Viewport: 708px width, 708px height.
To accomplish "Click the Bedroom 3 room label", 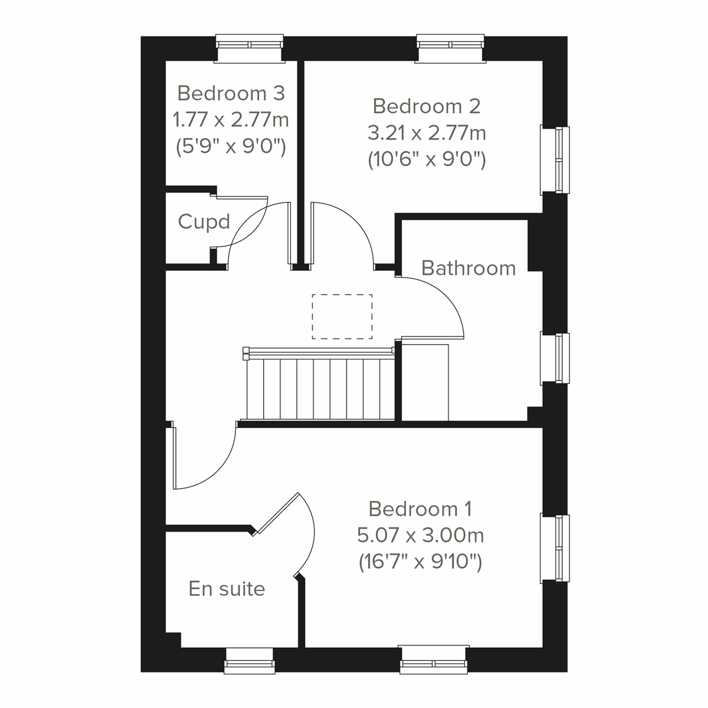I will click(231, 93).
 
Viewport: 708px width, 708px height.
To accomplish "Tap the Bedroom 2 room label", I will click(427, 106).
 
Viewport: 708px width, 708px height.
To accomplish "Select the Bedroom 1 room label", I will click(420, 509).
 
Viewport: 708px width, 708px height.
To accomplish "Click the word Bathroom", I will click(468, 268).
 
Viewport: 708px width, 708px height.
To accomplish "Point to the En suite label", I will click(227, 589).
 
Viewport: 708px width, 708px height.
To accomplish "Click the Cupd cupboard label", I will click(204, 222).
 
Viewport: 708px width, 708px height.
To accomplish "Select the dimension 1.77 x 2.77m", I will click(231, 120).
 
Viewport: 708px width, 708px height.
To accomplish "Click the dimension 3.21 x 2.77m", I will click(427, 133).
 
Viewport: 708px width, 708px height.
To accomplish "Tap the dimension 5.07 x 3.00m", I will click(420, 536).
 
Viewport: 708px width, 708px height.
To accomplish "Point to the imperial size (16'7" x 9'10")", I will click(420, 562).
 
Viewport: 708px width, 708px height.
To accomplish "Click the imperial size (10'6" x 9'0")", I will click(427, 160).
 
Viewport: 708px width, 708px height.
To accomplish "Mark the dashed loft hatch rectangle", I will click(342, 316).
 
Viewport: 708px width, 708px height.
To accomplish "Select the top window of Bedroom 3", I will click(250, 48).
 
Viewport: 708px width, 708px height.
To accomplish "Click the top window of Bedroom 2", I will click(451, 48).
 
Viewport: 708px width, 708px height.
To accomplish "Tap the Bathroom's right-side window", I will click(556, 358).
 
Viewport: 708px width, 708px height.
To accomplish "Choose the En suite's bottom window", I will click(250, 660).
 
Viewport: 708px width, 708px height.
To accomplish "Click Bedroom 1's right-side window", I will click(556, 549).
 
